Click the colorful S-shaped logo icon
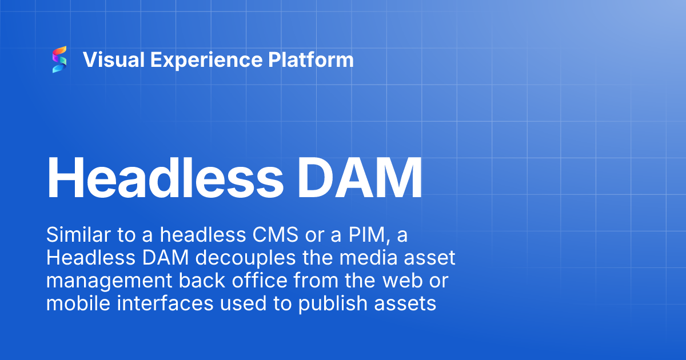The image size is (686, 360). pyautogui.click(x=59, y=59)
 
